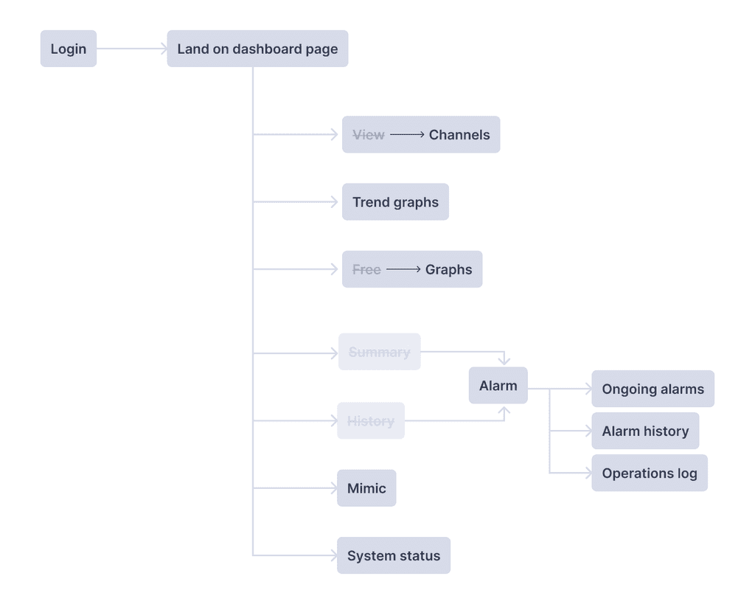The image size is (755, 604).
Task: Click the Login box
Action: pyautogui.click(x=69, y=49)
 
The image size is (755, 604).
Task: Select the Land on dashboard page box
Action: pyautogui.click(x=257, y=49)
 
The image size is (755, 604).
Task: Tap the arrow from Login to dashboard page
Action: pyautogui.click(x=132, y=49)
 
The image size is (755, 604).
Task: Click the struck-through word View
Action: pyautogui.click(x=369, y=135)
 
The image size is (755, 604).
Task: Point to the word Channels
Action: pyautogui.click(x=459, y=135)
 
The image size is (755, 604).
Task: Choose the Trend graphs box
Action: pyautogui.click(x=395, y=202)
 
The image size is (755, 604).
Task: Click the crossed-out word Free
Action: pyautogui.click(x=366, y=270)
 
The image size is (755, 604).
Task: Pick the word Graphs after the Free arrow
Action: pyautogui.click(x=448, y=270)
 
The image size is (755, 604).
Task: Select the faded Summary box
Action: pyautogui.click(x=380, y=352)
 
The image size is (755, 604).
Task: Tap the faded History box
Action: pyautogui.click(x=371, y=420)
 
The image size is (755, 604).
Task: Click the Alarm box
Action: pyautogui.click(x=498, y=385)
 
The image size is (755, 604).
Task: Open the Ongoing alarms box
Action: pyautogui.click(x=653, y=389)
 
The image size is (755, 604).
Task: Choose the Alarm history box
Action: pyautogui.click(x=645, y=431)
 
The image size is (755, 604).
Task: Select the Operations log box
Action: pyautogui.click(x=650, y=473)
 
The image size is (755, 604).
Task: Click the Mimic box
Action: pyautogui.click(x=366, y=488)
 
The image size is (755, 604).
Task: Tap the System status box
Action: pyautogui.click(x=394, y=555)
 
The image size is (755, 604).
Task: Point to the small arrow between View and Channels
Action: pyautogui.click(x=407, y=135)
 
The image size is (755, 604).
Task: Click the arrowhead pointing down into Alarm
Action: pyautogui.click(x=504, y=361)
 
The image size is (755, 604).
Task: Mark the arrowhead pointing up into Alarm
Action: pyautogui.click(x=504, y=411)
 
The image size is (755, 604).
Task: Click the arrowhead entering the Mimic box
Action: pyautogui.click(x=333, y=488)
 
